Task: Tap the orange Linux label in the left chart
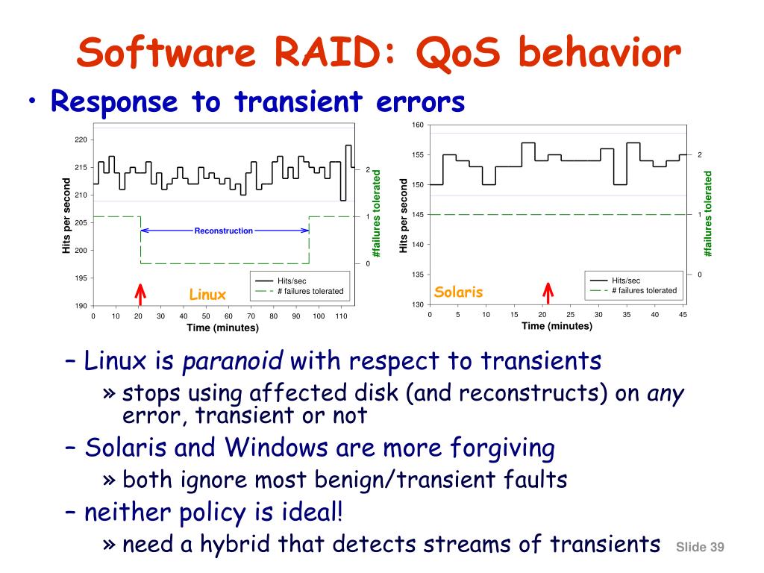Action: pos(207,294)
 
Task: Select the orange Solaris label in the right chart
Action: pos(458,292)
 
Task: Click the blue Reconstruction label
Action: pos(224,231)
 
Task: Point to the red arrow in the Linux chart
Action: pos(140,294)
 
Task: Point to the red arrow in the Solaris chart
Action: pos(548,292)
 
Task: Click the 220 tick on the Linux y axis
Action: pos(81,140)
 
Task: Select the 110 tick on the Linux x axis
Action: pos(341,316)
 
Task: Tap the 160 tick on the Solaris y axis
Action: pos(418,125)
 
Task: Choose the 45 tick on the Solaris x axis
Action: pos(683,315)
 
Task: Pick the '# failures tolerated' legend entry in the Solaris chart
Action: pos(644,290)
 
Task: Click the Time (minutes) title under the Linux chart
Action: pos(222,328)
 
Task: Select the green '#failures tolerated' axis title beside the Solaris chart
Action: pos(707,213)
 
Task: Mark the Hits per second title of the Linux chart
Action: pos(66,216)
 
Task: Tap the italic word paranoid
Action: pos(233,361)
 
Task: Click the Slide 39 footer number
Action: pos(700,547)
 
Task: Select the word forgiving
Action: pos(502,448)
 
